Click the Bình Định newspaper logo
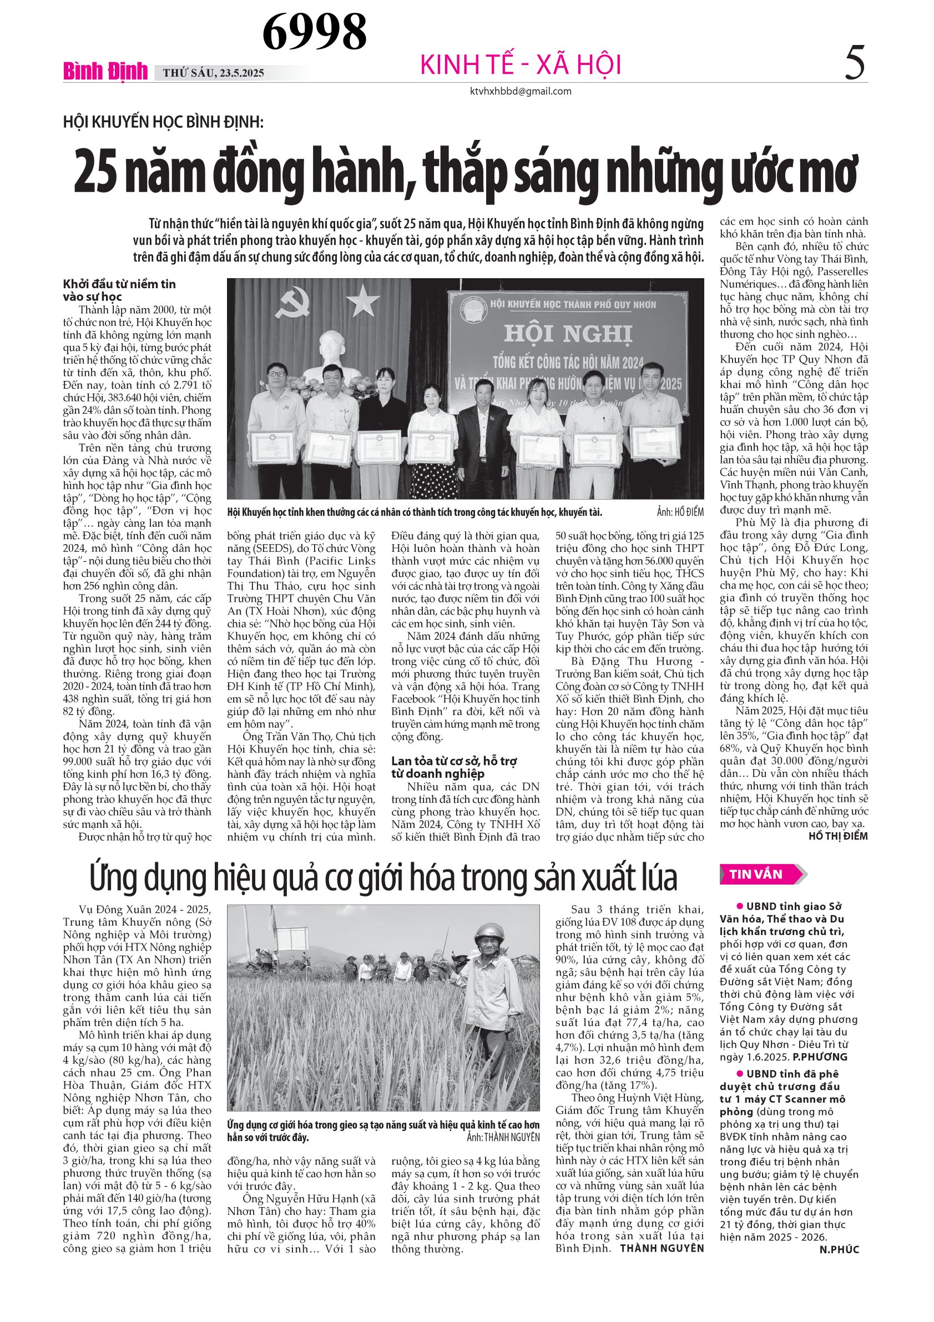coord(105,72)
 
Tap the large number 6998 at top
coord(314,32)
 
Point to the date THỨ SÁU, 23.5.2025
coord(214,73)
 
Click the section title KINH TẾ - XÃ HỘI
coord(521,64)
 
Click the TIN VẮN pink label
coord(756,874)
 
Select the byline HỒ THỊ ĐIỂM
coord(838,836)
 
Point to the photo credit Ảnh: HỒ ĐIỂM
coord(680,512)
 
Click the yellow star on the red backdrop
coord(362,299)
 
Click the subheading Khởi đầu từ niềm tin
coord(120,284)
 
